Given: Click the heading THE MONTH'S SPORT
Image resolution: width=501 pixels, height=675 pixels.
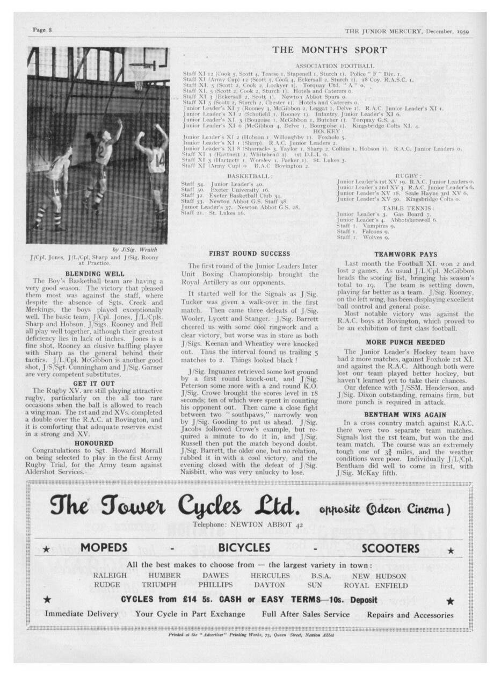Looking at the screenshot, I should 329,51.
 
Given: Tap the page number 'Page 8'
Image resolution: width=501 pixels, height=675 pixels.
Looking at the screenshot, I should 42,30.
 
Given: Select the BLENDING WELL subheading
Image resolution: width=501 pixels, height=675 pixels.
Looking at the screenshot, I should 95,274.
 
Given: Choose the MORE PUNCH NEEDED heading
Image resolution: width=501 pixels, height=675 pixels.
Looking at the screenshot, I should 405,342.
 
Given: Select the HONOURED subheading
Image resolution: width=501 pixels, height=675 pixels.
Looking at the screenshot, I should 95,443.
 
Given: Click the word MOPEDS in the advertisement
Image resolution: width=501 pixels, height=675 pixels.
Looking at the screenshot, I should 104,548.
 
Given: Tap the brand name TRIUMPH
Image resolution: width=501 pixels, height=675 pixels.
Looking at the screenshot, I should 159,585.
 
